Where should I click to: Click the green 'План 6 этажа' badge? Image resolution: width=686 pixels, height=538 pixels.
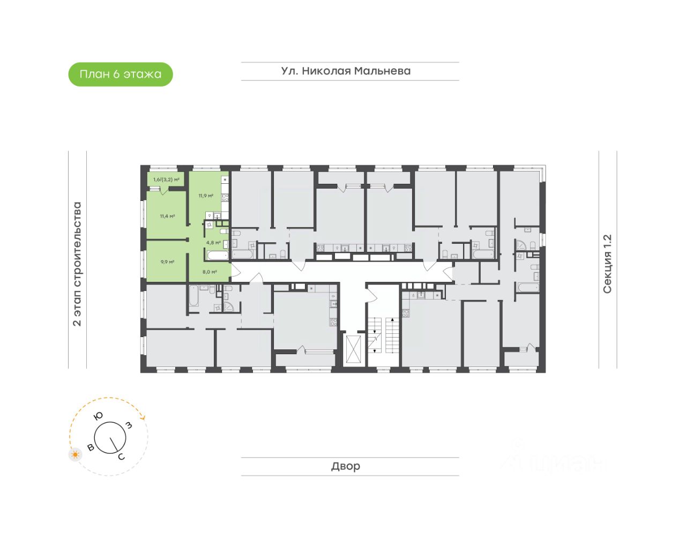coord(120,74)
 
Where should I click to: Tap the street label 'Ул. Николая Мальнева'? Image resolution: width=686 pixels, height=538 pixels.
coord(346,71)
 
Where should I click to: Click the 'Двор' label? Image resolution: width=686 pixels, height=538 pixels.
coord(346,466)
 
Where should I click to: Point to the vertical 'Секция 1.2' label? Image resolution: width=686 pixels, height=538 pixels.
coord(607,264)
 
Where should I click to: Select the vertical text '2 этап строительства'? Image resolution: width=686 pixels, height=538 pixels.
coord(77,264)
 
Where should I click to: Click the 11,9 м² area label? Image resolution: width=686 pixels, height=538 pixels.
coord(206,196)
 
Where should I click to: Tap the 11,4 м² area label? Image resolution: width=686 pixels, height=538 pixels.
coord(167,216)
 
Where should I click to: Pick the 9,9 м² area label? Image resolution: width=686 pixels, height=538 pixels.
coord(167,262)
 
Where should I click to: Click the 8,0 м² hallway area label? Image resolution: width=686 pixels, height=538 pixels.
coord(210,272)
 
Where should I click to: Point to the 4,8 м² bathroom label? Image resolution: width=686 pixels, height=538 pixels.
coord(213,242)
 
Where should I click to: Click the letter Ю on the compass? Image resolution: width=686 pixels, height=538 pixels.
coord(99,416)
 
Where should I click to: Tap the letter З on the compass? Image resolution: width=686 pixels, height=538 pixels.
coord(129,425)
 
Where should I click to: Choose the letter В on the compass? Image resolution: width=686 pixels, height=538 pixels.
coord(91,447)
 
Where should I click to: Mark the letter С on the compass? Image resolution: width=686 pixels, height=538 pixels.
coord(121,457)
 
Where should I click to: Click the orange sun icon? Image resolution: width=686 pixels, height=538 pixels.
coord(76,455)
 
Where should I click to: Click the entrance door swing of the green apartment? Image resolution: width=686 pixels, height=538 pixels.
coord(235,271)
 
